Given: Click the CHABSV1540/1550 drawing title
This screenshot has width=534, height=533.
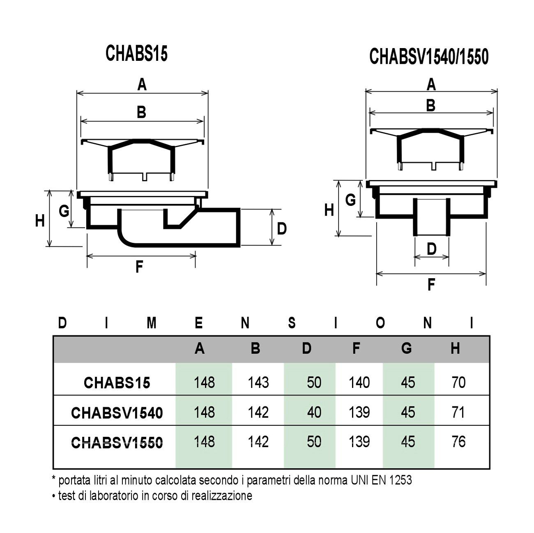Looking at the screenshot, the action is (429, 57).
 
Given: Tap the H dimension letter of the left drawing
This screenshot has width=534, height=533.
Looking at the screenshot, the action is (40, 221).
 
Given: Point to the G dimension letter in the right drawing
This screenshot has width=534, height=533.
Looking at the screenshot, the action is (350, 200).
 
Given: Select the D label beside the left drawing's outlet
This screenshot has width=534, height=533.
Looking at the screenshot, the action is (281, 229).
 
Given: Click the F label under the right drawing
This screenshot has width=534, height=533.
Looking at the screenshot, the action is (431, 284).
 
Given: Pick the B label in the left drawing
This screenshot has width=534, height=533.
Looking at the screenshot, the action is (142, 113).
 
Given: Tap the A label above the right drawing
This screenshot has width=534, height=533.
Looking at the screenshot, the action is (431, 84).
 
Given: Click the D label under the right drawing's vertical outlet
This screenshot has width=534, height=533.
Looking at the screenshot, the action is (431, 249).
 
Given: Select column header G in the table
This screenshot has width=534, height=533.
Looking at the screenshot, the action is (406, 348).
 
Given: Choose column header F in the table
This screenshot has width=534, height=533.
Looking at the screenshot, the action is (356, 348).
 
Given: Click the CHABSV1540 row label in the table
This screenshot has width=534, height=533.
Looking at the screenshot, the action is (117, 413).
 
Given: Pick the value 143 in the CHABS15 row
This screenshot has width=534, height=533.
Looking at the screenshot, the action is (258, 383).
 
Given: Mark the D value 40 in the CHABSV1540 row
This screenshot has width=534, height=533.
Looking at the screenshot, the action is (314, 412).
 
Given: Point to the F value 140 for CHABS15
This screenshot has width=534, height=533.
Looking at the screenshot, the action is (359, 383).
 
